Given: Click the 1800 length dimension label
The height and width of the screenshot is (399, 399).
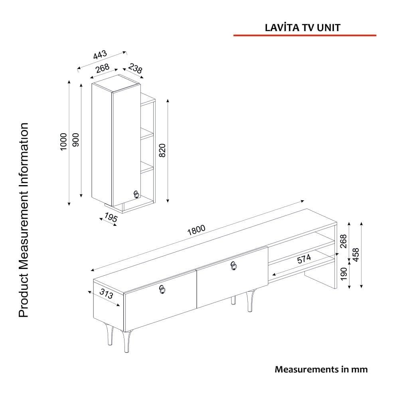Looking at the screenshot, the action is point(196,230).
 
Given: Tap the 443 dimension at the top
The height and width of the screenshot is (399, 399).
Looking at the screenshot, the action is point(100,55).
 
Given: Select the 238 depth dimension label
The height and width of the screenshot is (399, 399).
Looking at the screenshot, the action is point(135,68).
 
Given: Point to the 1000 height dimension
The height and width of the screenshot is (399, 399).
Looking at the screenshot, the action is point(63,142).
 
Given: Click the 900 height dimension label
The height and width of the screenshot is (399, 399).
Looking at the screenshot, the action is point(76,140).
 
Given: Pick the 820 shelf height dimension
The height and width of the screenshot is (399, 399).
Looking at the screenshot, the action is point(162,150).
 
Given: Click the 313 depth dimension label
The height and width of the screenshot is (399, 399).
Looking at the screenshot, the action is point(106,294).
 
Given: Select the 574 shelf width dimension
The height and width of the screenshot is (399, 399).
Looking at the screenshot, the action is point(304,259).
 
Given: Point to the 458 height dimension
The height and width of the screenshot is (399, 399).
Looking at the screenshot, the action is point(356,255).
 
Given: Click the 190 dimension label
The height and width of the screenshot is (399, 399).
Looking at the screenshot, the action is point(344,274).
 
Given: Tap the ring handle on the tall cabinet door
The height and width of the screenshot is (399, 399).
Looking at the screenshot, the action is point(136,194).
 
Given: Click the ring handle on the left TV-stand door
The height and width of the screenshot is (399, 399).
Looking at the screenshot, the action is point(162,289).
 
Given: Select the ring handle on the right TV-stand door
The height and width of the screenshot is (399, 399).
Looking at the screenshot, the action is point(234,266).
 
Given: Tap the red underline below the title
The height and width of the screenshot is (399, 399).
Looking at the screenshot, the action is point(305,36).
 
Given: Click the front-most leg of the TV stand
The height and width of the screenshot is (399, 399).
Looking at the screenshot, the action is point(126,341).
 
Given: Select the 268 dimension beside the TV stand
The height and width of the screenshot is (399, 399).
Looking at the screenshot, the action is point(344,241).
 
